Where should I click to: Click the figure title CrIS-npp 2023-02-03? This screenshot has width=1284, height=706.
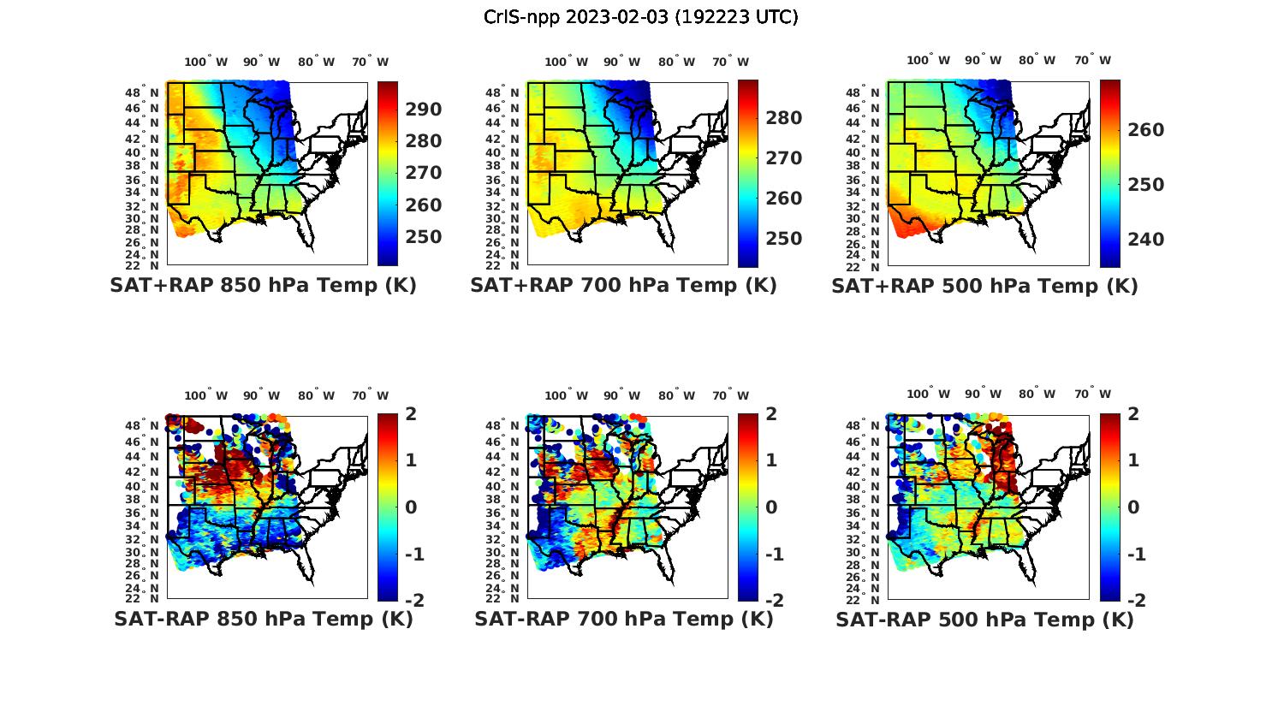(x=640, y=17)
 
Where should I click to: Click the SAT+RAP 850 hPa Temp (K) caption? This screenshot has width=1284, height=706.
(x=263, y=286)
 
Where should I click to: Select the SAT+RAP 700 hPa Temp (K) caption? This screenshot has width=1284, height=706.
(x=623, y=286)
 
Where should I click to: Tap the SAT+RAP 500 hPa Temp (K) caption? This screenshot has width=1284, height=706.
(x=984, y=286)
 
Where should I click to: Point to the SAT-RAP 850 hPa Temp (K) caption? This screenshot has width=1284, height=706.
(x=264, y=619)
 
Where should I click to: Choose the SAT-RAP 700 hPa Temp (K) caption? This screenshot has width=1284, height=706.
(x=624, y=619)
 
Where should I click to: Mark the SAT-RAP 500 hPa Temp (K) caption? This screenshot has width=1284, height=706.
(x=984, y=619)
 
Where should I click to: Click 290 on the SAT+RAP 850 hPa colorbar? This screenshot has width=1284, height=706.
(x=424, y=110)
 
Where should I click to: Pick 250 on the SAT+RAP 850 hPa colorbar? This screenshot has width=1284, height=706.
(x=424, y=237)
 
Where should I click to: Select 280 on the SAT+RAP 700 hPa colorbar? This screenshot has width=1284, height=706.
(x=784, y=118)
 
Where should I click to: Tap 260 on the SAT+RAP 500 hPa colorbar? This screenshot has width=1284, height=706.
(x=1146, y=130)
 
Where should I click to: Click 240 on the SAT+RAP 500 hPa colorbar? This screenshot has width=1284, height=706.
(x=1146, y=240)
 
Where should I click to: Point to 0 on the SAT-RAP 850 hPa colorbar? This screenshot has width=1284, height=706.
(x=411, y=507)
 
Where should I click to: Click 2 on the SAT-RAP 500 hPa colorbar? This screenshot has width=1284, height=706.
(x=1133, y=414)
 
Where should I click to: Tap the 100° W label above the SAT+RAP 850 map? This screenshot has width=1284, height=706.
(x=206, y=62)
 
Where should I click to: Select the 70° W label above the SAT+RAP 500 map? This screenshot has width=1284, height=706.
(x=1093, y=60)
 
